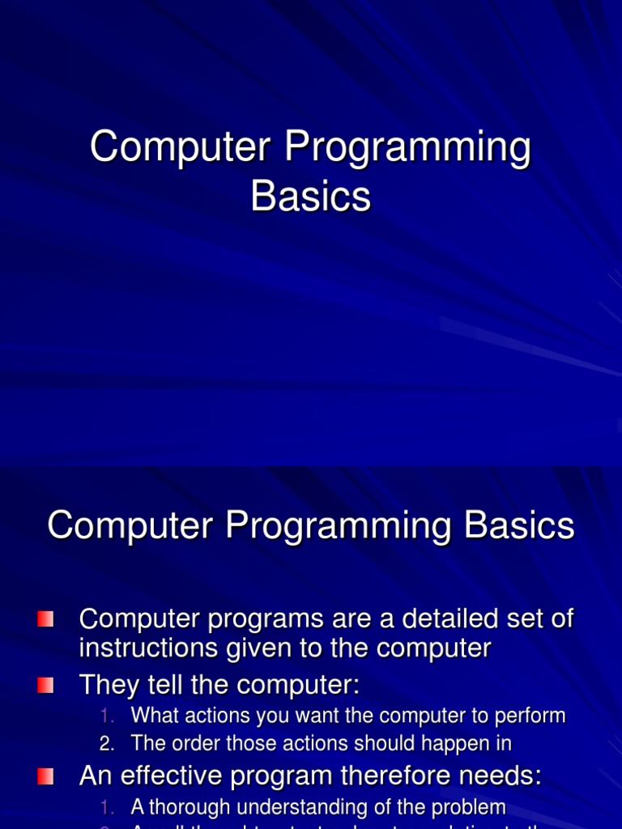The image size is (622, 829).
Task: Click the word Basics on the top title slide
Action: [x=311, y=196]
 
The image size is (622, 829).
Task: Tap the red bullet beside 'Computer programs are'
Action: [x=45, y=619]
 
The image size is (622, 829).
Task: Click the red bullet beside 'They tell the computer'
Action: [x=45, y=686]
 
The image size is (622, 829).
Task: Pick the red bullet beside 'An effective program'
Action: [x=45, y=776]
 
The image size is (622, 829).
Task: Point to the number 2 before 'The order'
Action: [x=106, y=743]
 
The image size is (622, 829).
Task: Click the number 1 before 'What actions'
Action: [x=106, y=716]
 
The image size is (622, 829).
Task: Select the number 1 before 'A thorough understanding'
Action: [x=106, y=807]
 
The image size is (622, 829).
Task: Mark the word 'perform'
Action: [x=535, y=716]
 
